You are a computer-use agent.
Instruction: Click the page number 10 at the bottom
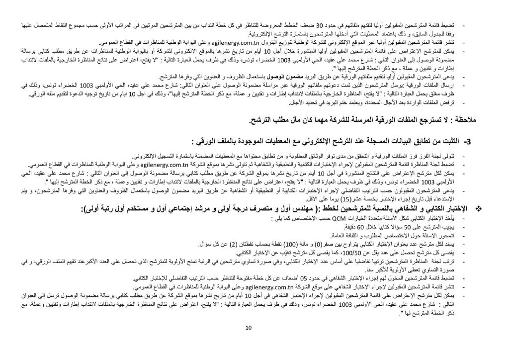249,341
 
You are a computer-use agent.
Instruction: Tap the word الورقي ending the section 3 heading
208,141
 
